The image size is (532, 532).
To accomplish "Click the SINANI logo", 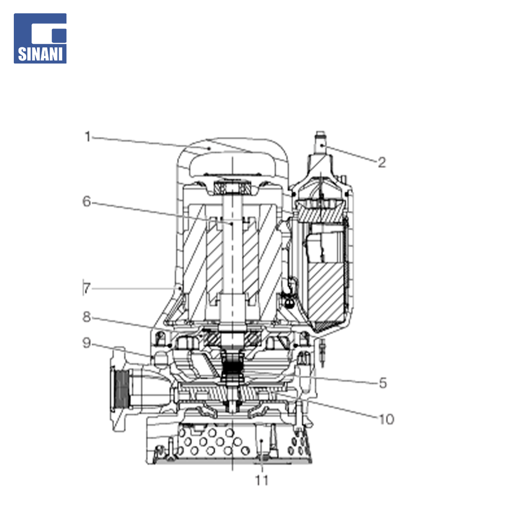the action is pyautogui.click(x=40, y=38).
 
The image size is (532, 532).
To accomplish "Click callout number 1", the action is pyautogui.click(x=88, y=137).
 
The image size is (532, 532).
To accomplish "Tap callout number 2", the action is pyautogui.click(x=382, y=163).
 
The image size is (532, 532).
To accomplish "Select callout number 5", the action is pyautogui.click(x=383, y=383).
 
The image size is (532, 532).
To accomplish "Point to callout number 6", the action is pyautogui.click(x=87, y=201).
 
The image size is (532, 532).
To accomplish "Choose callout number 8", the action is pyautogui.click(x=87, y=317).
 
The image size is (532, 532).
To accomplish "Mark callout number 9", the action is pyautogui.click(x=87, y=343).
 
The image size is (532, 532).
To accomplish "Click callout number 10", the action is pyautogui.click(x=386, y=419).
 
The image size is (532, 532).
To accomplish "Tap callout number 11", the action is pyautogui.click(x=262, y=480).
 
